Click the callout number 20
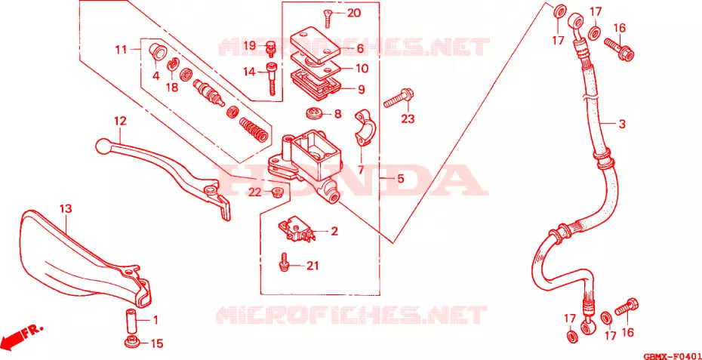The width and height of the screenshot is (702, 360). click(x=353, y=14)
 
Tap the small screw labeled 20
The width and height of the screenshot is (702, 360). click(x=327, y=18)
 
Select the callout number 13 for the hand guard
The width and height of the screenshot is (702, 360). click(x=66, y=208)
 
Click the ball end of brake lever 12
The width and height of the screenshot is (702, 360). click(x=102, y=146)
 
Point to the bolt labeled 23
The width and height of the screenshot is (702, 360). click(x=399, y=99)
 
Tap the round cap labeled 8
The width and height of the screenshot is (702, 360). click(x=315, y=114)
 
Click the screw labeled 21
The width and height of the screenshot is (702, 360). click(x=283, y=263)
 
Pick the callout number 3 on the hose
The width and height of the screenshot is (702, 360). click(x=622, y=124)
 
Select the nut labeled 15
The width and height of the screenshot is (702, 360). click(x=131, y=341)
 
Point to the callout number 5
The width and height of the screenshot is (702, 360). click(x=400, y=179)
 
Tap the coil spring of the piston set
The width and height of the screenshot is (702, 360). click(x=254, y=129)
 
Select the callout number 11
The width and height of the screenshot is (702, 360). click(x=121, y=49)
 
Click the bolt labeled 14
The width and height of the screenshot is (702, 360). click(x=272, y=78)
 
